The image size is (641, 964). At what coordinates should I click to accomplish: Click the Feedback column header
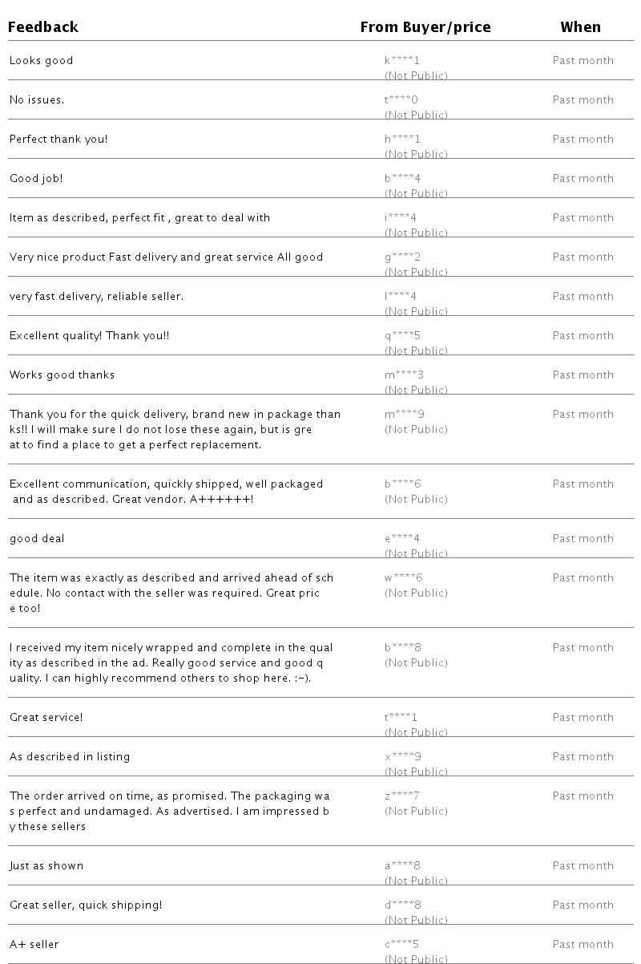43,27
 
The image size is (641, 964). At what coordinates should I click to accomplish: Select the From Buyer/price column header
425,27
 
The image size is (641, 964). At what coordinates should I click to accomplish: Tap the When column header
580,27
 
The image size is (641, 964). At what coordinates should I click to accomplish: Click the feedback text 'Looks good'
41,61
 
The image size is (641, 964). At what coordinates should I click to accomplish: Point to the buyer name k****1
402,60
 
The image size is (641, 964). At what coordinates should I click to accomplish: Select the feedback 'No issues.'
37,100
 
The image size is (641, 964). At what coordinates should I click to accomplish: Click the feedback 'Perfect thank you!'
58,140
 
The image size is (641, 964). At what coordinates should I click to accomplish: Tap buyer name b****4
402,178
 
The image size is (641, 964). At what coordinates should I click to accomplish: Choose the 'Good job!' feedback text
36,179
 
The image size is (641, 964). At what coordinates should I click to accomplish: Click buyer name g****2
402,257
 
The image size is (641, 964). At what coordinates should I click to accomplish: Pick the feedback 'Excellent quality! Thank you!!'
89,336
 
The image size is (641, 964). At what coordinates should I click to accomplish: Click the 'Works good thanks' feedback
62,375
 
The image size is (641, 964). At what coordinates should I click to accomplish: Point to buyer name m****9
404,414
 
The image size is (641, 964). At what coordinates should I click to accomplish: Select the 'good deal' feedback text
37,539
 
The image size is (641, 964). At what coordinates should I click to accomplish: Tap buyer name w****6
403,577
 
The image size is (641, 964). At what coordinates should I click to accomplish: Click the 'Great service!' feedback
46,718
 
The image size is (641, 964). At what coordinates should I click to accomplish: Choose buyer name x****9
402,756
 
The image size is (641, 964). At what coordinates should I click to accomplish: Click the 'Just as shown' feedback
46,866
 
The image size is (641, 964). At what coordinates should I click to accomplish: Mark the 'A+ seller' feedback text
34,945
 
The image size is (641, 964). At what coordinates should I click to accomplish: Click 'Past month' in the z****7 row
583,796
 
